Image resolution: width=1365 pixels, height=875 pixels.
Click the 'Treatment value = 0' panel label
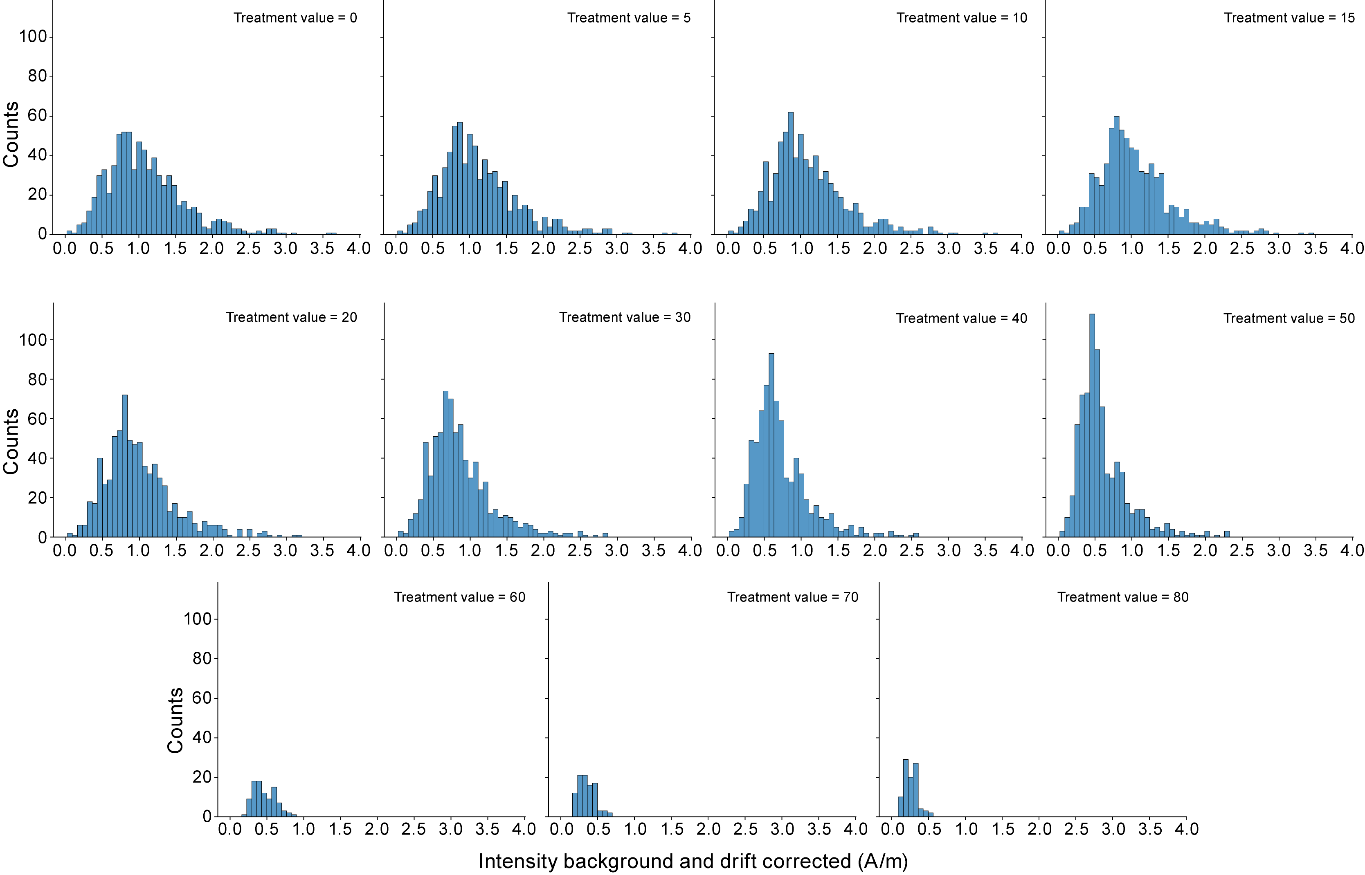(295, 18)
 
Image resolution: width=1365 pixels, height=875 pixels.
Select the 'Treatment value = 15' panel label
(1289, 18)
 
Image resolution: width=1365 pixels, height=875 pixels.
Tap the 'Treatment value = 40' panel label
(962, 318)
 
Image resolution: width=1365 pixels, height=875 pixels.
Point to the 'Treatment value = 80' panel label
(1122, 597)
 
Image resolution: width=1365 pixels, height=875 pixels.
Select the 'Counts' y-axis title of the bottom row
(175, 720)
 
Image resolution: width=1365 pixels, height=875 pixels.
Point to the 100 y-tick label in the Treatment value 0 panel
(33, 37)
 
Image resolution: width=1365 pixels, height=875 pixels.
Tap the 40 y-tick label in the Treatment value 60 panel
(202, 738)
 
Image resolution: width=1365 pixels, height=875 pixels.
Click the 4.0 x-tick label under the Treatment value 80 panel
(1187, 830)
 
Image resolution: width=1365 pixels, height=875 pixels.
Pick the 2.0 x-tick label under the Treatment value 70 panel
(708, 830)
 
